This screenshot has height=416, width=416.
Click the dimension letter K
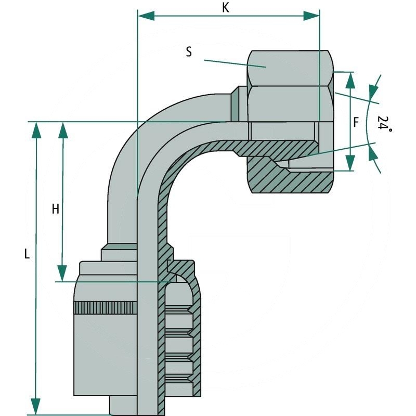[x=225, y=8]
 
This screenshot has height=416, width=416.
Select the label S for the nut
[x=189, y=51]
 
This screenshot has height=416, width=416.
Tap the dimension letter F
[x=356, y=123]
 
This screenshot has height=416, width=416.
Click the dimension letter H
[x=55, y=209]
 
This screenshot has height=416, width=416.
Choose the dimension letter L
[x=28, y=254]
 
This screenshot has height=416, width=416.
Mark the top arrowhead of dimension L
[x=36, y=130]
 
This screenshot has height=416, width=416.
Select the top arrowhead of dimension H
[x=62, y=130]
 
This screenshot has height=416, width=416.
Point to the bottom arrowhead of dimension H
[x=62, y=273]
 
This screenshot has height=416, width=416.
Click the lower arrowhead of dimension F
[x=350, y=163]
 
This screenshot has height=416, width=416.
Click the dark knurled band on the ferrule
[x=107, y=307]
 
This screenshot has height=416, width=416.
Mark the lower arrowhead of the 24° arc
[x=373, y=152]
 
